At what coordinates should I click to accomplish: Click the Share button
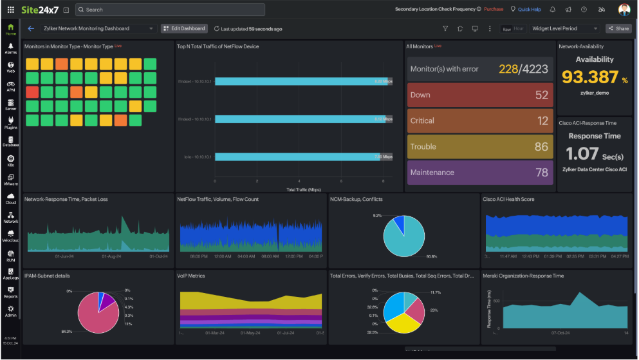(618, 28)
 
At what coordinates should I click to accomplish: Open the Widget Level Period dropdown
(564, 28)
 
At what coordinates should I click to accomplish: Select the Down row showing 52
(479, 95)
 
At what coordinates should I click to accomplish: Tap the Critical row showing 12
(479, 120)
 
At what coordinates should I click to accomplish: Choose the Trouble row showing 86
(479, 146)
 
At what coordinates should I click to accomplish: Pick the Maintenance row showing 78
(479, 172)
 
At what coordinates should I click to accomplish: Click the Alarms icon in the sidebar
(11, 48)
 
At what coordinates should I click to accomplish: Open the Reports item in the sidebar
(11, 292)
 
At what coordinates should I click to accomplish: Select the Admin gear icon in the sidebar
(11, 310)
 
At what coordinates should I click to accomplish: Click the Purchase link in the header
(494, 10)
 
